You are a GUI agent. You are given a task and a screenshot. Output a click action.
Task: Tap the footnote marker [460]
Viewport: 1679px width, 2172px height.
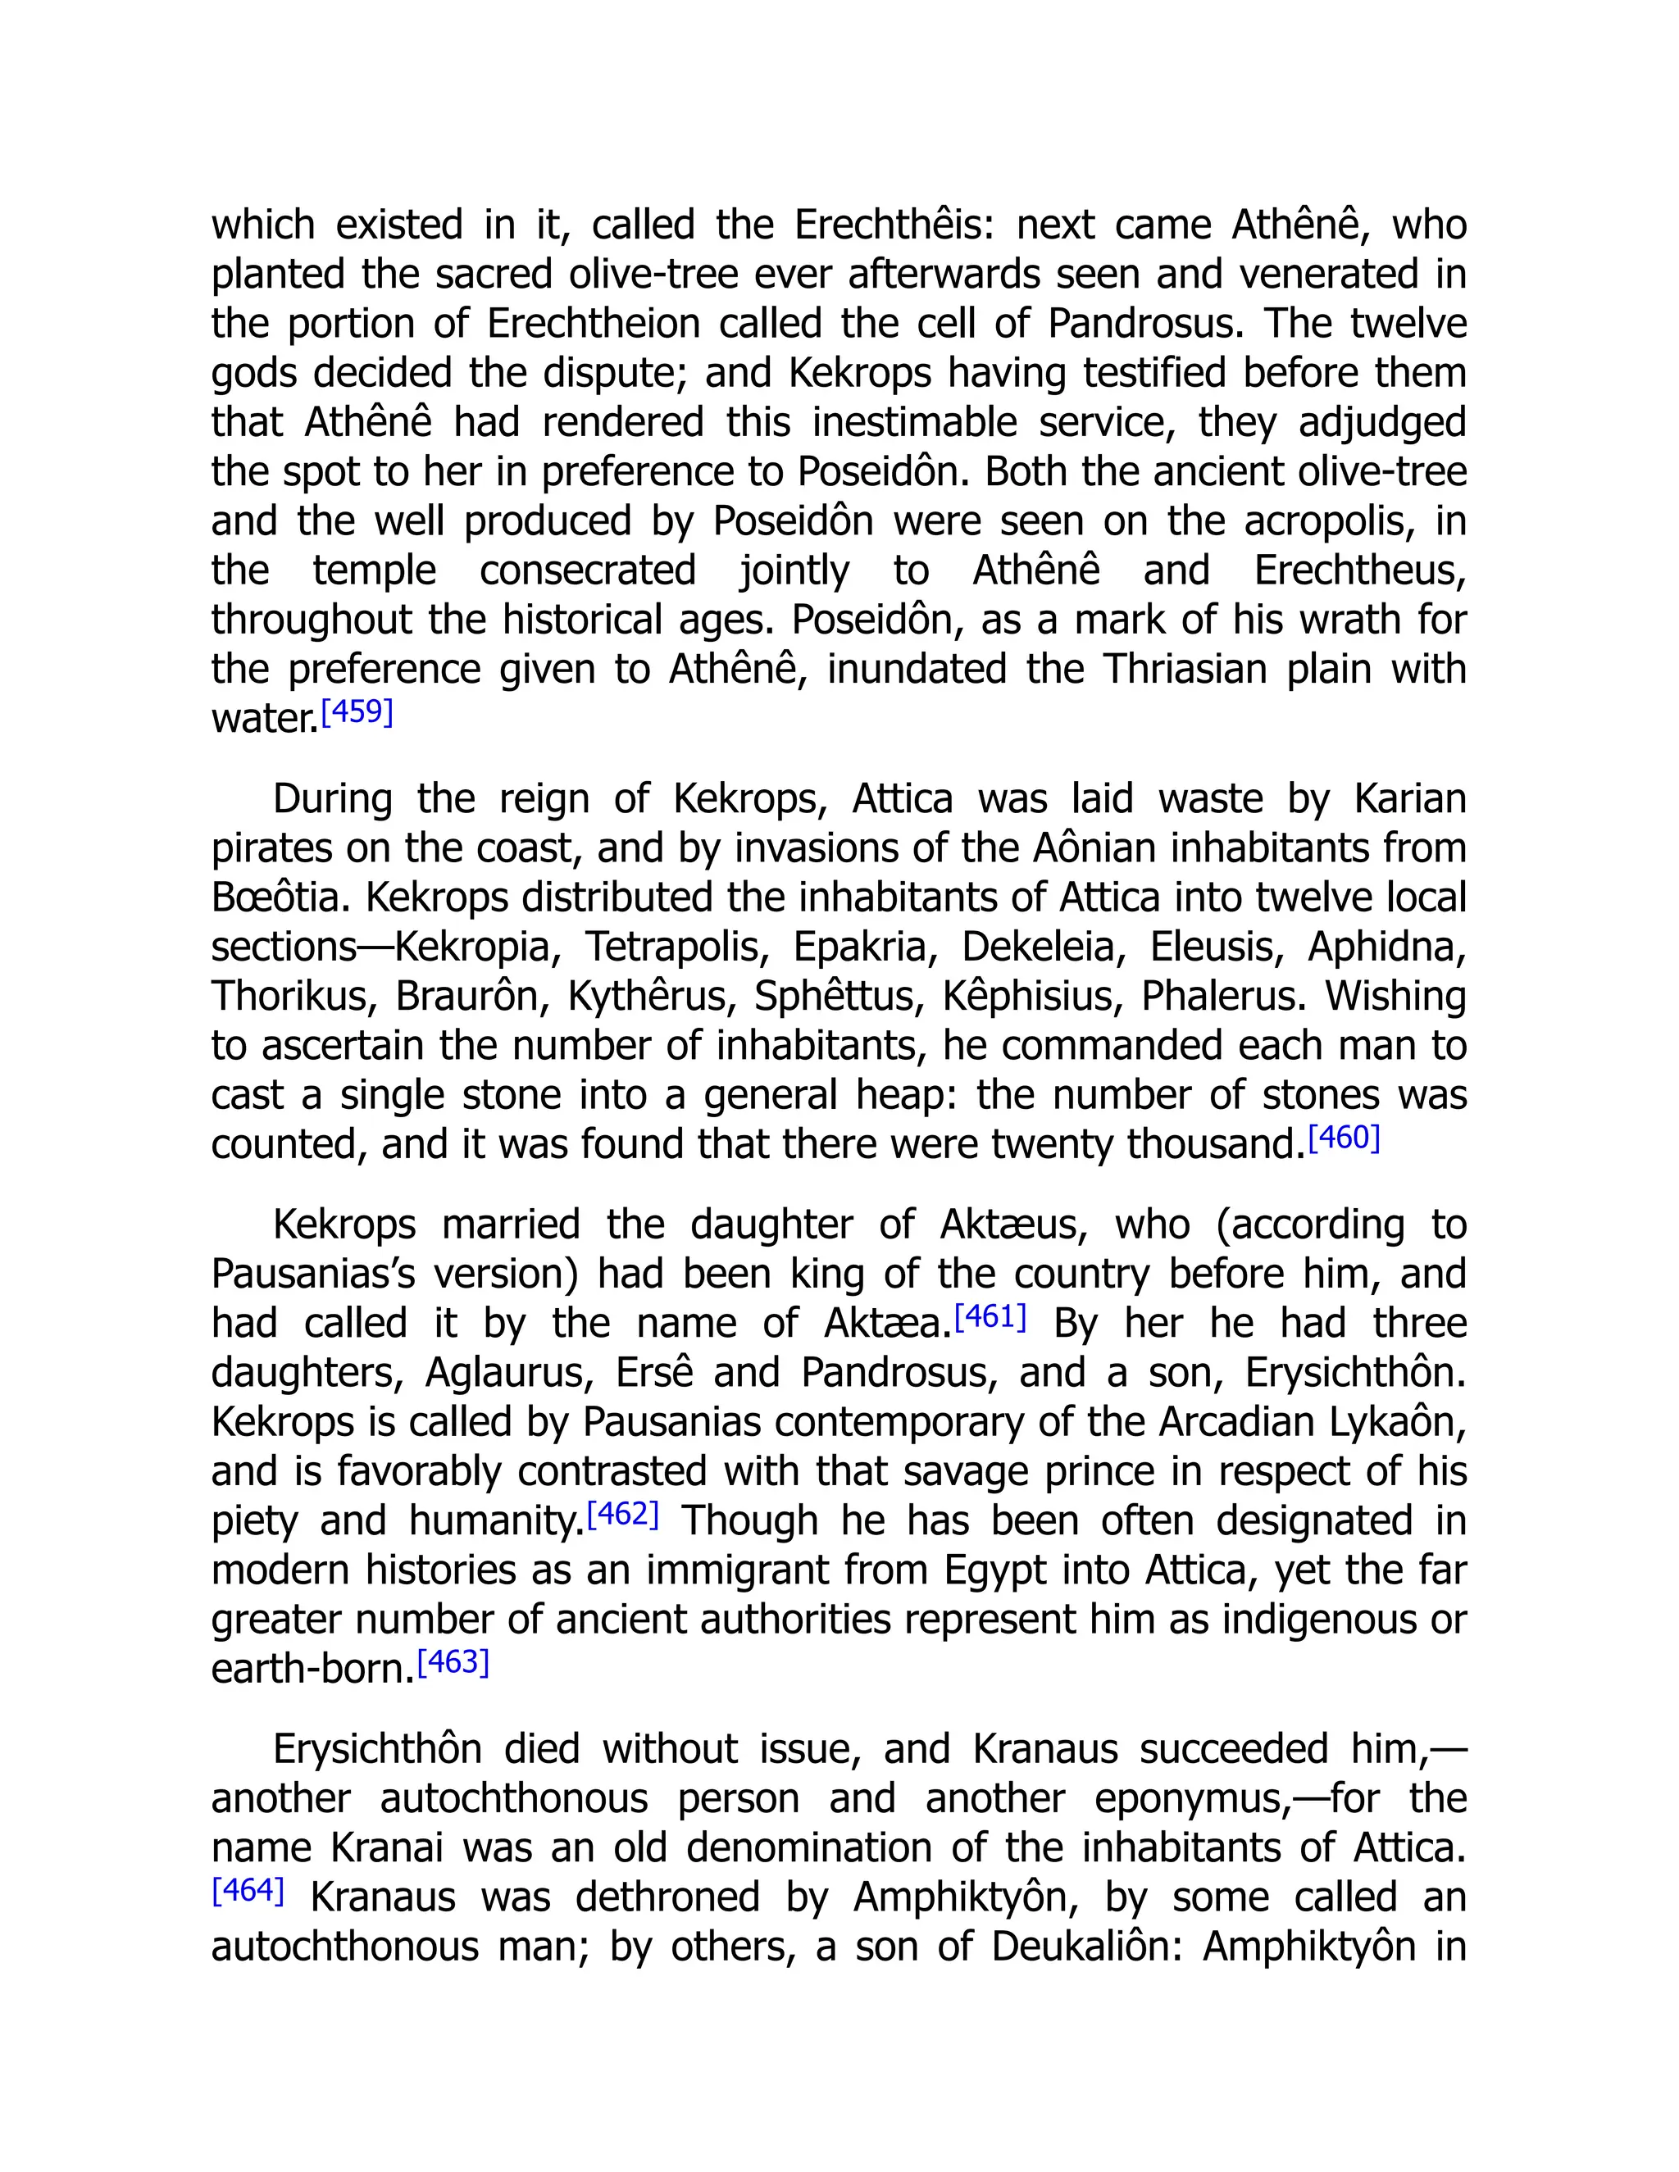[x=1344, y=1138]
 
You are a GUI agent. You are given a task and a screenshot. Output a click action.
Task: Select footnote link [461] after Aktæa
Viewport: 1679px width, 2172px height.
[x=990, y=1317]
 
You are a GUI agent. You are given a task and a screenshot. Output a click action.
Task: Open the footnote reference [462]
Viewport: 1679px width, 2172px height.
[x=623, y=1514]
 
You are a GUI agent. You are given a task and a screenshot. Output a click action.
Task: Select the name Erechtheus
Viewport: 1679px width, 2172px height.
[x=1360, y=570]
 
